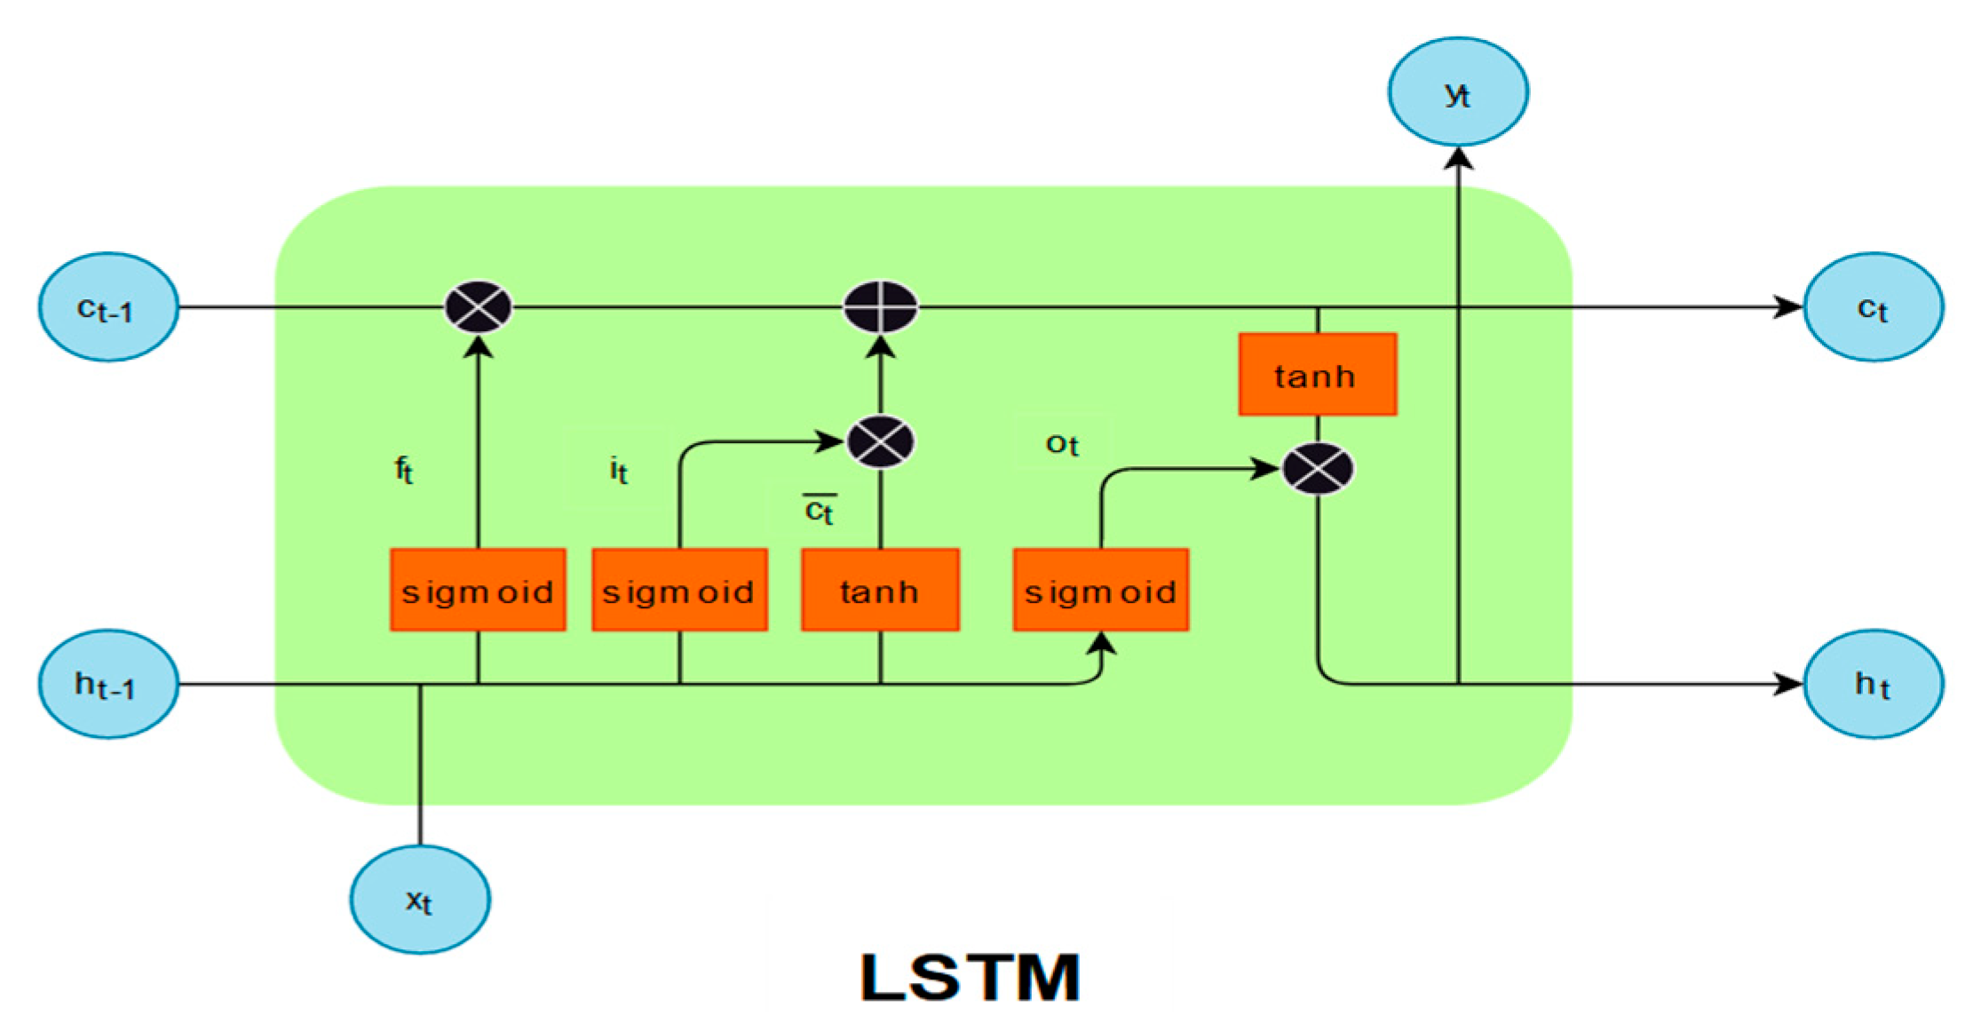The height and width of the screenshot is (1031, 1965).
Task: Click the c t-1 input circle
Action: pyautogui.click(x=108, y=307)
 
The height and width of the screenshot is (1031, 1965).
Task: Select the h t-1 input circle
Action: pyautogui.click(x=108, y=684)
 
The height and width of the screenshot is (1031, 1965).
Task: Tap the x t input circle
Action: pyautogui.click(x=419, y=900)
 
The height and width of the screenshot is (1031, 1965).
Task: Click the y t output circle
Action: pyautogui.click(x=1458, y=91)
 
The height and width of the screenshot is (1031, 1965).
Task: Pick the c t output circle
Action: pyautogui.click(x=1874, y=307)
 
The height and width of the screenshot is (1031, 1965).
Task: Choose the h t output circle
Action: pyautogui.click(x=1874, y=684)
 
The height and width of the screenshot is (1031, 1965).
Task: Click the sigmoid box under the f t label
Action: pyautogui.click(x=478, y=591)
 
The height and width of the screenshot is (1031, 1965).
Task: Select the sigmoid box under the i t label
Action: pyautogui.click(x=679, y=591)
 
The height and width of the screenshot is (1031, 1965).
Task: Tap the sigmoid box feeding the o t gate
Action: pyautogui.click(x=1101, y=591)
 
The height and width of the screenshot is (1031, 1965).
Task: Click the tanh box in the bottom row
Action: pyautogui.click(x=880, y=591)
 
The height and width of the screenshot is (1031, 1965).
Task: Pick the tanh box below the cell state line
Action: pyautogui.click(x=1318, y=375)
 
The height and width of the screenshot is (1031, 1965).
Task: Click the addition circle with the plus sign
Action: pyautogui.click(x=880, y=307)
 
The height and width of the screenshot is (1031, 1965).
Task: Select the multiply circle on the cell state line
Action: pyautogui.click(x=478, y=307)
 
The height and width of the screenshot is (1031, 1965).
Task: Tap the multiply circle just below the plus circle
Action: pyautogui.click(x=880, y=441)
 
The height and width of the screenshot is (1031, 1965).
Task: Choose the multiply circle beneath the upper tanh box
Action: pyautogui.click(x=1318, y=469)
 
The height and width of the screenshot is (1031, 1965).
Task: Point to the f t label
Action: pyautogui.click(x=404, y=469)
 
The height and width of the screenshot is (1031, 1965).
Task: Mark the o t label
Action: pyautogui.click(x=1062, y=444)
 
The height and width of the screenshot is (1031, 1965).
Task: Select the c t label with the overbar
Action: pyautogui.click(x=819, y=511)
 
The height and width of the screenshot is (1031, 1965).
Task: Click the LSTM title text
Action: pyautogui.click(x=970, y=977)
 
